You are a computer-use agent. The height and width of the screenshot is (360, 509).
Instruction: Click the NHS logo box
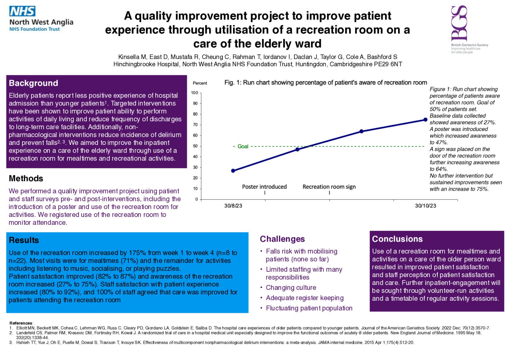click(x=22, y=11)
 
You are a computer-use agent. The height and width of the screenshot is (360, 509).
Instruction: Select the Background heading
click(x=33, y=83)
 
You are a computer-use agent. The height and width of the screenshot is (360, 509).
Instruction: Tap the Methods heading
click(x=26, y=178)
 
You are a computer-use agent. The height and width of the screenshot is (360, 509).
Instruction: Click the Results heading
click(x=24, y=240)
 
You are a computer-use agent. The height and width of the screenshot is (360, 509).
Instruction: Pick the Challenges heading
click(x=282, y=239)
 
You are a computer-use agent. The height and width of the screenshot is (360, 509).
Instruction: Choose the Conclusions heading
click(x=397, y=239)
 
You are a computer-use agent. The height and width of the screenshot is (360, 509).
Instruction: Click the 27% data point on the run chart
click(x=233, y=171)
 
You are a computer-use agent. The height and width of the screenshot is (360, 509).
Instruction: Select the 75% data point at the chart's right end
click(x=426, y=120)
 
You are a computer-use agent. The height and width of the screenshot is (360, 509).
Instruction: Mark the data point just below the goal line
click(x=297, y=149)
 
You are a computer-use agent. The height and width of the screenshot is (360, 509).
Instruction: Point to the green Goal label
click(x=243, y=146)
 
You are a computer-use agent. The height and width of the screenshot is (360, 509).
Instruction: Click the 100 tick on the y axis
click(x=195, y=93)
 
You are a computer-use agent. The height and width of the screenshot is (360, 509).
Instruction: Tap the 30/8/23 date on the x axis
click(x=233, y=206)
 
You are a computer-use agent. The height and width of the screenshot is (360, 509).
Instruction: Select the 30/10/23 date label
click(x=426, y=206)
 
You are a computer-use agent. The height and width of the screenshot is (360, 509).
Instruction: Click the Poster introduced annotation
click(x=264, y=187)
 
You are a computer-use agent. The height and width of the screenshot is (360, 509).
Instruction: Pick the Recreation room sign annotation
click(x=329, y=187)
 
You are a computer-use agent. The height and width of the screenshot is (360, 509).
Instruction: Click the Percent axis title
click(x=200, y=83)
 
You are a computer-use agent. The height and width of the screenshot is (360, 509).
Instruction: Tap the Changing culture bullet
click(x=291, y=288)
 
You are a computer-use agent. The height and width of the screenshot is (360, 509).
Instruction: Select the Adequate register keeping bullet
click(x=305, y=298)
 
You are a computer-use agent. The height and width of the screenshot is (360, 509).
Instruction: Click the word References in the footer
click(x=21, y=323)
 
